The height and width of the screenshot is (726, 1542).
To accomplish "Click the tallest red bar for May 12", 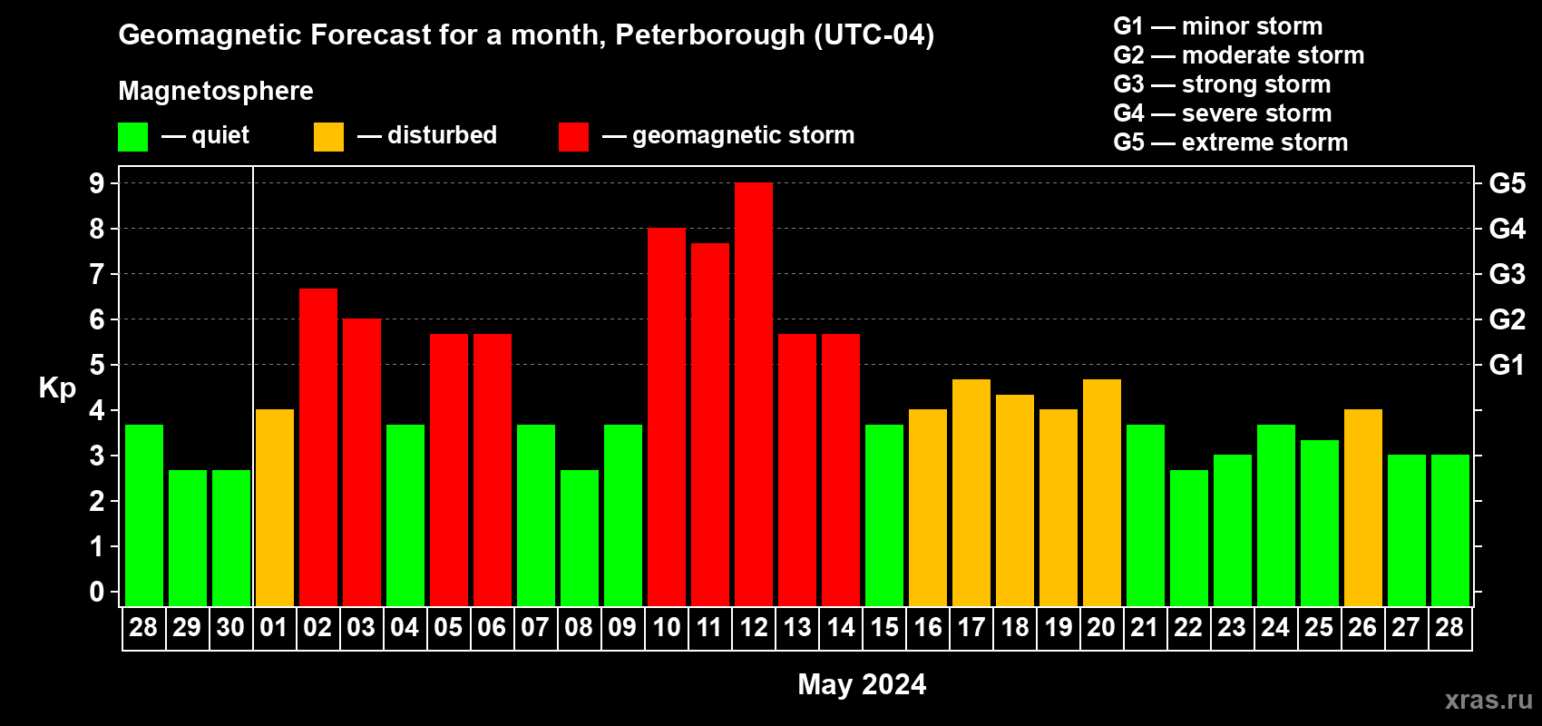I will (x=754, y=394).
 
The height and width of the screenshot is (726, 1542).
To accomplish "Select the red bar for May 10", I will (x=667, y=417).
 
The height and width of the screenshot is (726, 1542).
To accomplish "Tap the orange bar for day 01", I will (x=275, y=507).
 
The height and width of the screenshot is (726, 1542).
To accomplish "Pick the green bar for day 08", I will (x=580, y=537).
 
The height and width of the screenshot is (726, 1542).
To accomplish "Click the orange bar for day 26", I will (x=1363, y=507).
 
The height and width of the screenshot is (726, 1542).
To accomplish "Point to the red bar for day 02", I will (x=318, y=446).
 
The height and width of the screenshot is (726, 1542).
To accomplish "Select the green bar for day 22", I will (x=1189, y=537).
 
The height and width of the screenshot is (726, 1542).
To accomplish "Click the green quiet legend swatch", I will (x=133, y=137).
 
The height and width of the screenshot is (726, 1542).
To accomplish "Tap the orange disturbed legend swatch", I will (x=328, y=137).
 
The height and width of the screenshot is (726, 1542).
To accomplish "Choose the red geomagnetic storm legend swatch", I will (x=573, y=137).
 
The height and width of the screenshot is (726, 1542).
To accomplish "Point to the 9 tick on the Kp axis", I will (x=97, y=183).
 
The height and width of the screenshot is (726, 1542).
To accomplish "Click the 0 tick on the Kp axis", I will (x=97, y=592).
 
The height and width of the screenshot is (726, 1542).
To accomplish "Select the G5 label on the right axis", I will (x=1507, y=183).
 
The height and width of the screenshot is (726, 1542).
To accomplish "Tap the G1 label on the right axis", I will (x=1507, y=365).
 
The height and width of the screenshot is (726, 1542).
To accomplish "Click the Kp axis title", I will (x=57, y=388).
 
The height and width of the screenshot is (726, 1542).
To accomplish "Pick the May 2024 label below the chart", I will (x=862, y=684).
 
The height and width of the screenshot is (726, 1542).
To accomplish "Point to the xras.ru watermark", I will (x=1488, y=700).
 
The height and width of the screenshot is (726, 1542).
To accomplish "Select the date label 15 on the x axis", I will (x=884, y=627).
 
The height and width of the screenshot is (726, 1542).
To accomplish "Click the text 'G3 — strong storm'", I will (x=1222, y=84).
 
